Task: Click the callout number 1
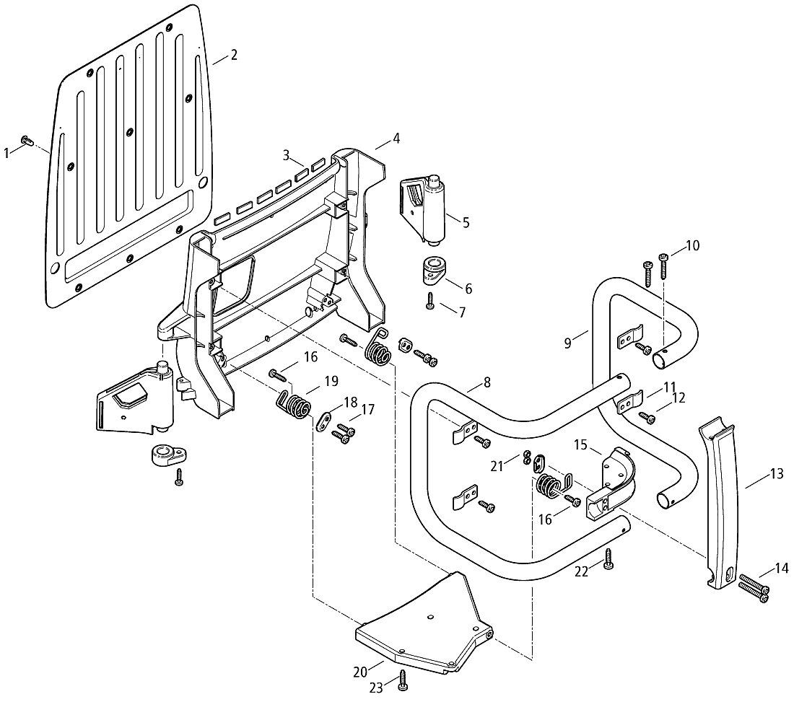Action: (x=6, y=152)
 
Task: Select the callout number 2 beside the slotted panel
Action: (x=234, y=56)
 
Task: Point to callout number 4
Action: (x=396, y=137)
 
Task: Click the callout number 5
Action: (x=466, y=223)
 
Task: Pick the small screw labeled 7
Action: (x=429, y=302)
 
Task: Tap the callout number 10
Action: (x=692, y=245)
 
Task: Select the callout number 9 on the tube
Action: (x=568, y=343)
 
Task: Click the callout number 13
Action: (x=776, y=474)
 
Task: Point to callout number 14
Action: (x=781, y=569)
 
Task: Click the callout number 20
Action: (x=360, y=671)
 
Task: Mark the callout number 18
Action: (x=350, y=402)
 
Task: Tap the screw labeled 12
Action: (x=649, y=416)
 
